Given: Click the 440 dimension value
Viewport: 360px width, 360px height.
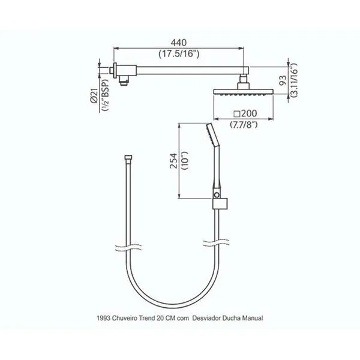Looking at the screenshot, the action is tap(179, 43).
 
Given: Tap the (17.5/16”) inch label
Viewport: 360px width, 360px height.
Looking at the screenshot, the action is tap(179, 54).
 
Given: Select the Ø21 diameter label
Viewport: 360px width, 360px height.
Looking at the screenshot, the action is tap(94, 96).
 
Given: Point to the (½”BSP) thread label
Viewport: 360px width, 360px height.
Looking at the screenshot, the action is tap(106, 95).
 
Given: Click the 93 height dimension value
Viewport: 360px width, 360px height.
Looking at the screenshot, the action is tap(283, 80).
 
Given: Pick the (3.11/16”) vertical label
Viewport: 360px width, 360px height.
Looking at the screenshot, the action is tap(294, 80).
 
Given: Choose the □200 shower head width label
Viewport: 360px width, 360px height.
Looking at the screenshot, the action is tap(245, 113).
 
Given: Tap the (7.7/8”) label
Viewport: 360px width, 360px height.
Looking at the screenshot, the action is tap(244, 125).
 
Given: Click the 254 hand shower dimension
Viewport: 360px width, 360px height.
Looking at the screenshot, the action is tap(174, 161).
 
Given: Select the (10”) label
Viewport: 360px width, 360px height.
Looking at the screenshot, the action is tap(185, 160).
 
